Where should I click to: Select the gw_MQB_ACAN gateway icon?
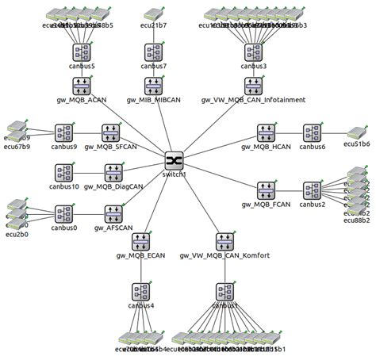click(82, 86)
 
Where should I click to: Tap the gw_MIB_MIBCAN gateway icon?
click(154, 86)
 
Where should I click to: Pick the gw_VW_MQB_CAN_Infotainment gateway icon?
click(253, 86)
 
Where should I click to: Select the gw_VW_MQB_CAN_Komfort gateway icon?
click(225, 241)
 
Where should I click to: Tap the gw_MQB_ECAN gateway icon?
click(141, 241)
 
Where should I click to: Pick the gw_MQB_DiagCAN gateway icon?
click(113, 173)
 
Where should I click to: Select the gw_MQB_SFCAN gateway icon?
click(112, 132)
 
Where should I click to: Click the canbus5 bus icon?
click(82, 52)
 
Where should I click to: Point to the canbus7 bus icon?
click(154, 52)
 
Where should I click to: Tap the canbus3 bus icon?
click(253, 52)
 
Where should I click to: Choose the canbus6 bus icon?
click(312, 132)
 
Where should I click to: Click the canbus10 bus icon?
click(64, 173)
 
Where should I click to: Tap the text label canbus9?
click(64, 147)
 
